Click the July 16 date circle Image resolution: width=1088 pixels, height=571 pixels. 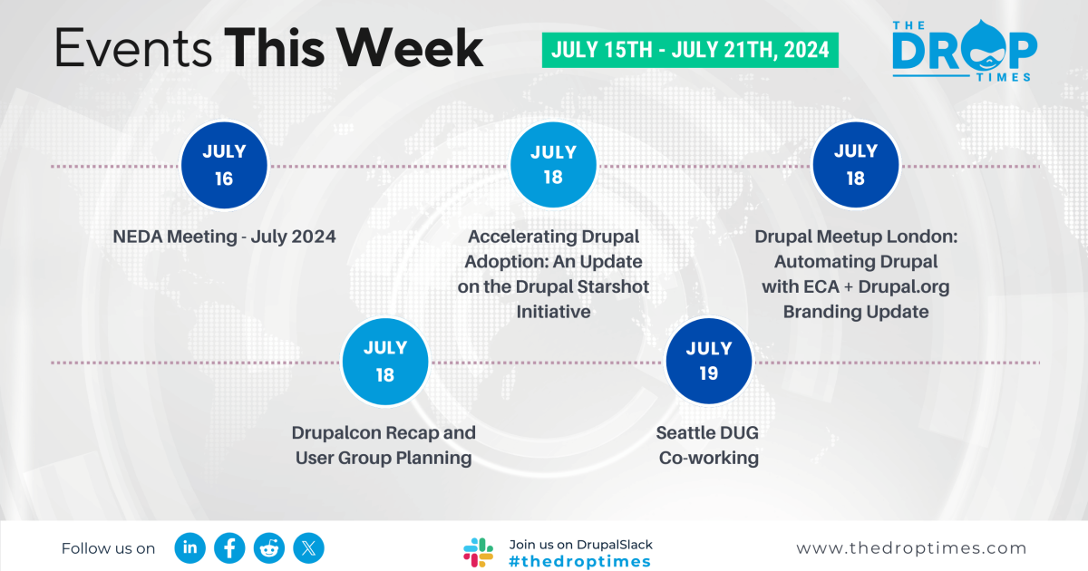point(224,165)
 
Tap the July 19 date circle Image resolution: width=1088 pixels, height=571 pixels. point(709,361)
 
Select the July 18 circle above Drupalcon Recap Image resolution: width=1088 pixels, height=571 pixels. point(384,361)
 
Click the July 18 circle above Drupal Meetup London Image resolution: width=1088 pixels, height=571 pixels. point(855,165)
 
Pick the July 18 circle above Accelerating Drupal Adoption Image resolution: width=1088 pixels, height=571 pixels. point(553,165)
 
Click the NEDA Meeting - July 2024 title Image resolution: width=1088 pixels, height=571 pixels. point(224,237)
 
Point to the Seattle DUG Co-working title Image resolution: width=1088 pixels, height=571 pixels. point(708,445)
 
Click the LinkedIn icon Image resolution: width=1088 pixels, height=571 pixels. point(190,547)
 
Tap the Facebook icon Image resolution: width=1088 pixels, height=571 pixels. point(230,547)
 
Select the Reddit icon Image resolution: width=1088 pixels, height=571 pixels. point(269,547)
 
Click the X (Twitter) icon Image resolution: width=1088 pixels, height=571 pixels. point(309,547)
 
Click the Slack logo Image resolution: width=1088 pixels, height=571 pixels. point(479,552)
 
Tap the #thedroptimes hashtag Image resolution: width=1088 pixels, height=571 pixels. point(580,562)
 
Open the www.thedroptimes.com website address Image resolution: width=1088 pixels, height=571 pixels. point(911,548)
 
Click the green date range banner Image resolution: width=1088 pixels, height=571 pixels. point(690,50)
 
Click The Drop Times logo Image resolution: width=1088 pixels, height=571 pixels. point(963,51)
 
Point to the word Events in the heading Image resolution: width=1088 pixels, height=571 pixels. point(132,49)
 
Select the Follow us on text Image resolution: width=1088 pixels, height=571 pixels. point(108,548)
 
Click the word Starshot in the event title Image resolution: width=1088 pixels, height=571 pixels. point(611,286)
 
